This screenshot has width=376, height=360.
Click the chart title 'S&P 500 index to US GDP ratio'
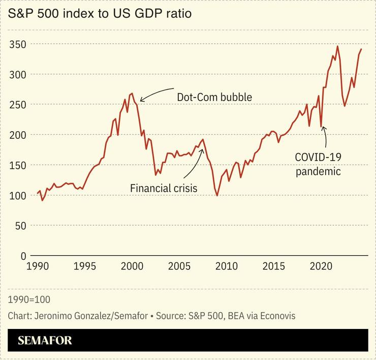[x=100, y=14]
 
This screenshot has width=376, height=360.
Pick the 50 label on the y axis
[x=19, y=225]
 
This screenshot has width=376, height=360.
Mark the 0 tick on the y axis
[x=22, y=255]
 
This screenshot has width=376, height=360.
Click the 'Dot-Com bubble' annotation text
[x=214, y=97]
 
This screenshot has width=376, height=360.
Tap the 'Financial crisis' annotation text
[x=164, y=188]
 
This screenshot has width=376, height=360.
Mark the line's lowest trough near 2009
[x=217, y=195]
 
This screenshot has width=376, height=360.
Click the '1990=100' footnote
[x=29, y=299]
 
